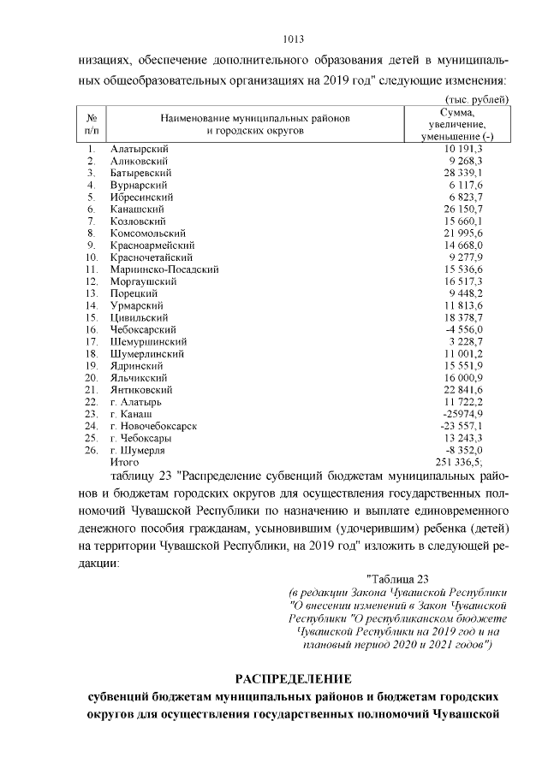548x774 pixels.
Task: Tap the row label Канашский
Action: [x=136, y=209]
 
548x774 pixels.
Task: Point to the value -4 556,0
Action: [x=467, y=329]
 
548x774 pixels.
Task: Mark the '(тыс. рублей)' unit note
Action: [x=478, y=100]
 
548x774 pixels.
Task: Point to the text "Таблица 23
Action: [x=402, y=579]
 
